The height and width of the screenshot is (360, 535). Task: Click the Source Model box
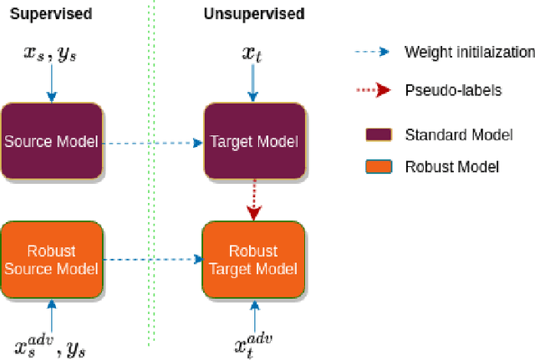click(52, 140)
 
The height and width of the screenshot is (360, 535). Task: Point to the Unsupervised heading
click(254, 14)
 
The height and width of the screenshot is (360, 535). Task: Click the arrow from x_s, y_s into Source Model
click(52, 84)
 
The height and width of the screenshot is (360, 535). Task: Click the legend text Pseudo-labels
click(453, 89)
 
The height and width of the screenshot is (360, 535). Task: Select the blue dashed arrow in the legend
click(371, 52)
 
